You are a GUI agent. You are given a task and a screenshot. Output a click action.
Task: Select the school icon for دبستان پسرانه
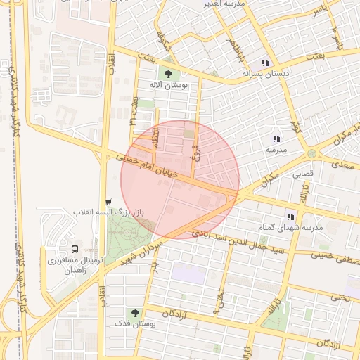pos(265,61)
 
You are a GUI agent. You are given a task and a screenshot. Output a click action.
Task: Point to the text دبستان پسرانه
pos(266,73)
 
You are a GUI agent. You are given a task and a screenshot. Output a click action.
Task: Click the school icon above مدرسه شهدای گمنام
pos(290,217)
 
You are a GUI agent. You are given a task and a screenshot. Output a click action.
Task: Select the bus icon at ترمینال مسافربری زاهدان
pos(75,250)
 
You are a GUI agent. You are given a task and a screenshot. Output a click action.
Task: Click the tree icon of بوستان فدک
pos(134,314)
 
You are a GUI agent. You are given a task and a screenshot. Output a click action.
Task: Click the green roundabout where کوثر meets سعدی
pos(311,153)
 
